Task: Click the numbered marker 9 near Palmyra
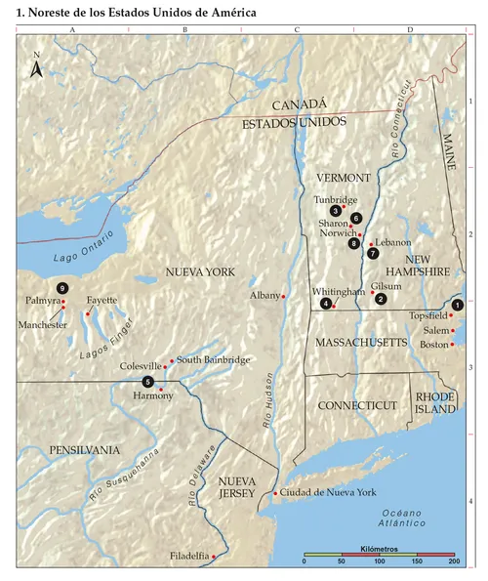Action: click(x=62, y=288)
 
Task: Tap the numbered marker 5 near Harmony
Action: click(x=147, y=381)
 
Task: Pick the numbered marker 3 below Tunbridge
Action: click(x=335, y=211)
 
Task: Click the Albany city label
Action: click(x=264, y=294)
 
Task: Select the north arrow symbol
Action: click(x=36, y=68)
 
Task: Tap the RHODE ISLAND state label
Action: click(x=435, y=403)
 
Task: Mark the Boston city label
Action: click(x=435, y=344)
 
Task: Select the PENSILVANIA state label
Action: click(x=85, y=450)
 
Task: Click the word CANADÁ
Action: click(x=299, y=104)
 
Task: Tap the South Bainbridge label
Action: click(x=213, y=360)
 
